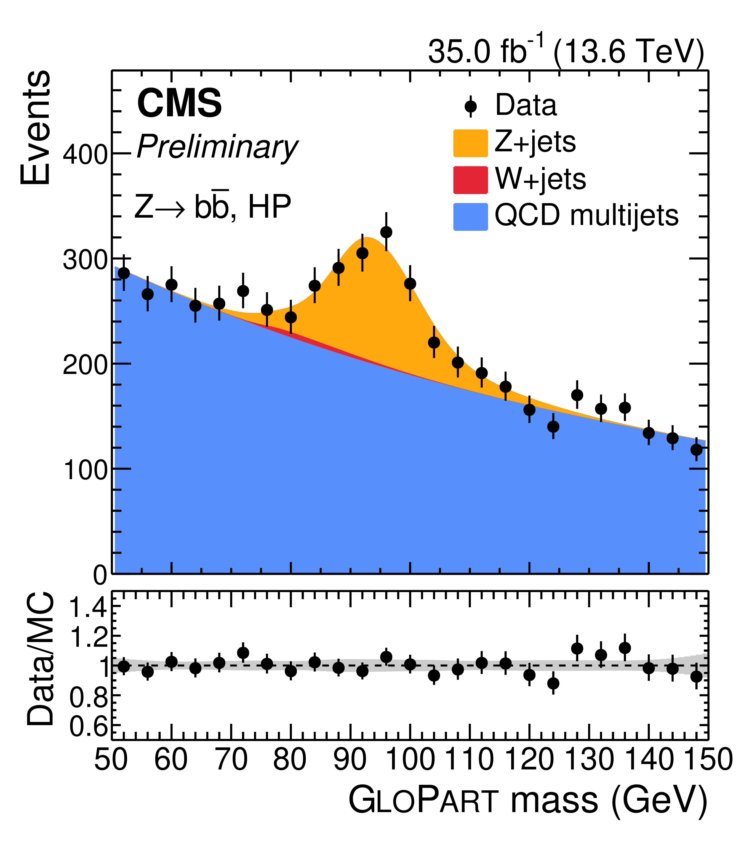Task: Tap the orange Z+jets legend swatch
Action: (x=470, y=143)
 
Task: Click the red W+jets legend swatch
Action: (x=470, y=179)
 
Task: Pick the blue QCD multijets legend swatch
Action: (x=470, y=216)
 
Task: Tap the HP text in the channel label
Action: (x=269, y=207)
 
